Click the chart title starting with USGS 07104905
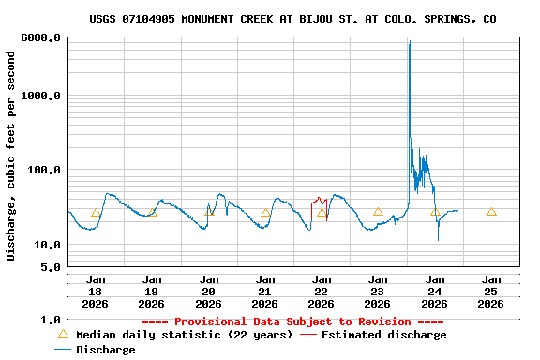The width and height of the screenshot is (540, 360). point(292,19)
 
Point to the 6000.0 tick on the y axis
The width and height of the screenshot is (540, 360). point(42,37)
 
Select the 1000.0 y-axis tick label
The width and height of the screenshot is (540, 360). point(42,96)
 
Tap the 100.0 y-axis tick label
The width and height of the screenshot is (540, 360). point(45,170)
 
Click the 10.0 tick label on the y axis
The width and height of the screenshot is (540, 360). point(48,245)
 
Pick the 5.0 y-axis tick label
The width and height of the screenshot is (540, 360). point(52,267)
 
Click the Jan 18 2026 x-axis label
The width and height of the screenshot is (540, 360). point(96,291)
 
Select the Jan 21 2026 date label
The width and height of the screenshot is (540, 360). point(265,291)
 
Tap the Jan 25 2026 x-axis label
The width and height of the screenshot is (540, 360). point(491,291)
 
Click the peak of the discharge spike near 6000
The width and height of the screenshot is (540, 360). point(409,42)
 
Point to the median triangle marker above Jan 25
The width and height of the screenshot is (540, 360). point(491,212)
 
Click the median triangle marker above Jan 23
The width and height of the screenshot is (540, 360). point(378,212)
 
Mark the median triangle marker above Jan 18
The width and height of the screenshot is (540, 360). point(96,213)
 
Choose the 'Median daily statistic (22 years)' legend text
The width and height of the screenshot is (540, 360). point(184,335)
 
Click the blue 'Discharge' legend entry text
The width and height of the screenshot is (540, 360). point(106,350)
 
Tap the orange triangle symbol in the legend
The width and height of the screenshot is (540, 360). point(63,334)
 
